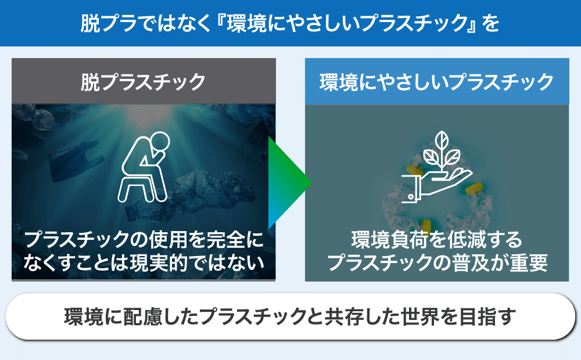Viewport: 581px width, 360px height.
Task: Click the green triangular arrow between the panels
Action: [287, 183]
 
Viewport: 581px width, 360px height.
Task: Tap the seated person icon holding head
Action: [144, 167]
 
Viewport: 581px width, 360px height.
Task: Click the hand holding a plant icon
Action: [437, 167]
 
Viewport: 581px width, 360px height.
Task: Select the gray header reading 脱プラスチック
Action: [144, 81]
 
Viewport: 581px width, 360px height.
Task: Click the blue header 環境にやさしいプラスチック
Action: [437, 81]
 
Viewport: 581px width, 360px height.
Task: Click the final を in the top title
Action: [490, 23]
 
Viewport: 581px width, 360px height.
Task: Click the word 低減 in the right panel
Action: [466, 240]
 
